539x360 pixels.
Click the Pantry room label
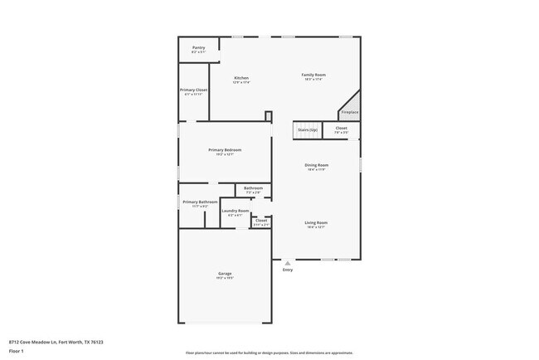pyautogui.click(x=198, y=48)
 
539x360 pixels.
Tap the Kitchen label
pyautogui.click(x=241, y=78)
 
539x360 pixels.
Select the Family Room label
pyautogui.click(x=313, y=75)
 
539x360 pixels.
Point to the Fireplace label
pyautogui.click(x=350, y=112)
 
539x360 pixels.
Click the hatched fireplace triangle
pyautogui.click(x=352, y=102)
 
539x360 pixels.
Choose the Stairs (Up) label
pyautogui.click(x=307, y=129)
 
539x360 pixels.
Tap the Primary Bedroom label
pyautogui.click(x=225, y=150)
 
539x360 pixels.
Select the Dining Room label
pyautogui.click(x=317, y=165)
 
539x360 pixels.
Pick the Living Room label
pyautogui.click(x=316, y=222)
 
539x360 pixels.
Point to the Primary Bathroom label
pyautogui.click(x=200, y=202)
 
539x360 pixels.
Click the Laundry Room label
pyautogui.click(x=236, y=212)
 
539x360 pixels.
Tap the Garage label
pyautogui.click(x=224, y=274)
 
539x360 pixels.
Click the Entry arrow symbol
pyautogui.click(x=288, y=263)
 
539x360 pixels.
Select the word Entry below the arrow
pyautogui.click(x=288, y=270)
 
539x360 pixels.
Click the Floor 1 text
pyautogui.click(x=17, y=351)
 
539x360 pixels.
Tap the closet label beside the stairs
pyautogui.click(x=341, y=129)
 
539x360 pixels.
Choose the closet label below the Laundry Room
pyautogui.click(x=260, y=221)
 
